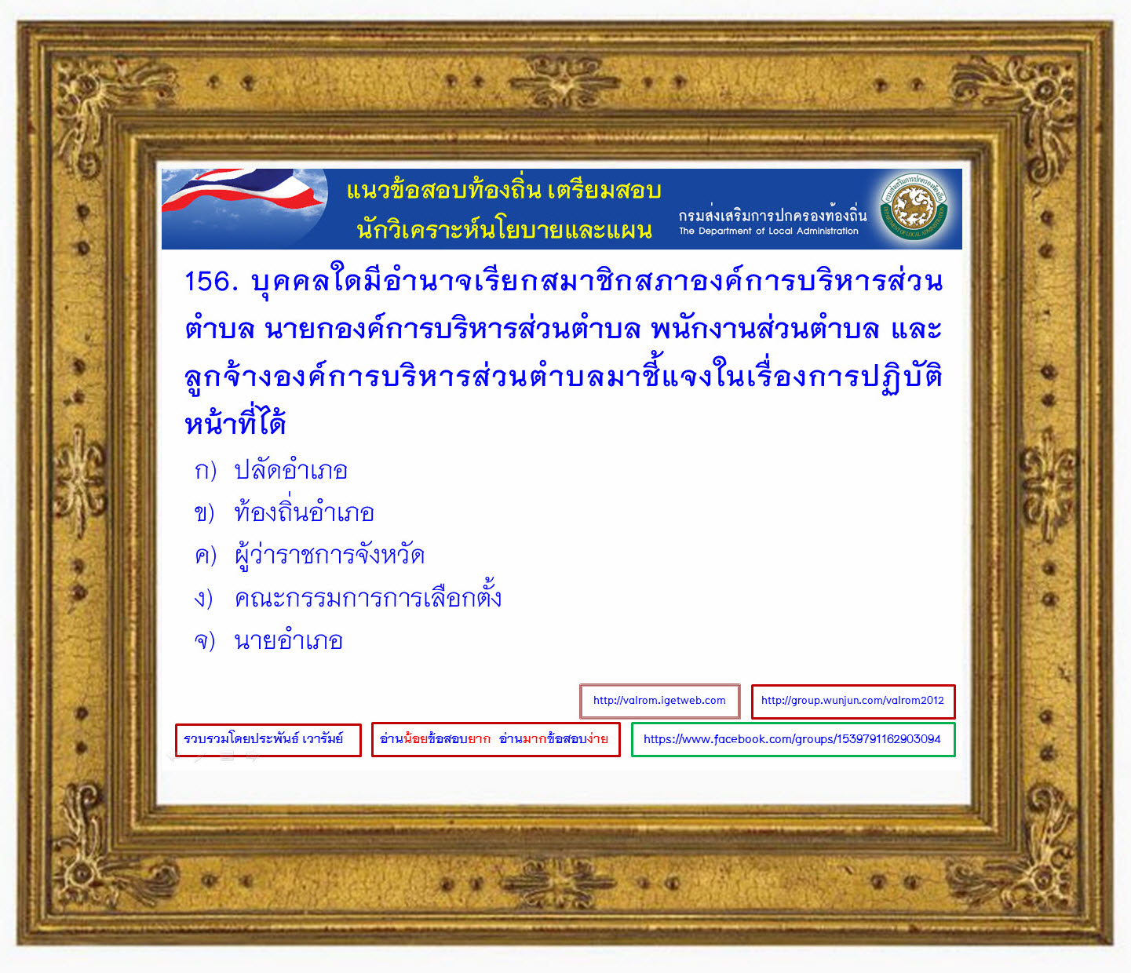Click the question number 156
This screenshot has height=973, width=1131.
click(211, 282)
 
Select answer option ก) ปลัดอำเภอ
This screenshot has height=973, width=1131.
click(271, 469)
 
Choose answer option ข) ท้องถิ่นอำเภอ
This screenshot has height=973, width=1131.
click(284, 512)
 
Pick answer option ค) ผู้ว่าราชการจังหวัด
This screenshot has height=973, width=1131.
click(309, 555)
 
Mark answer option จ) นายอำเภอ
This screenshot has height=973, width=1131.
click(268, 640)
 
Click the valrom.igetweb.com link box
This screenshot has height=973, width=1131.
click(659, 701)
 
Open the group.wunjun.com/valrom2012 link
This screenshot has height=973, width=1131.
click(853, 701)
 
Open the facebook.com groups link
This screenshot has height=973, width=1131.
click(793, 739)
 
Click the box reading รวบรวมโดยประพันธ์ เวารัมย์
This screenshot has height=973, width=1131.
click(268, 740)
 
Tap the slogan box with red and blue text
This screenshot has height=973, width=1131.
click(495, 739)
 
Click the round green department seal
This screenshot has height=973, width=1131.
click(914, 208)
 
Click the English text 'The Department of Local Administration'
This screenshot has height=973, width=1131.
click(768, 231)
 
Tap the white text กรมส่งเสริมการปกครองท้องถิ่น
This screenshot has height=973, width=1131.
click(772, 214)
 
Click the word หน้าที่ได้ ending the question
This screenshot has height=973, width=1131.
click(235, 422)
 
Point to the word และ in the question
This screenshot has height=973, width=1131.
click(916, 330)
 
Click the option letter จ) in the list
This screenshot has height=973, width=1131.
click(205, 640)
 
